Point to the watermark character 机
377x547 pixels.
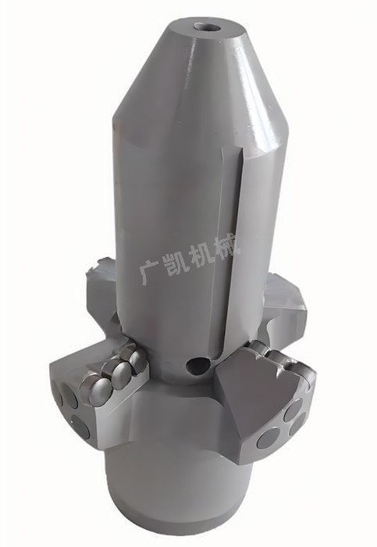[x=197, y=256]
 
